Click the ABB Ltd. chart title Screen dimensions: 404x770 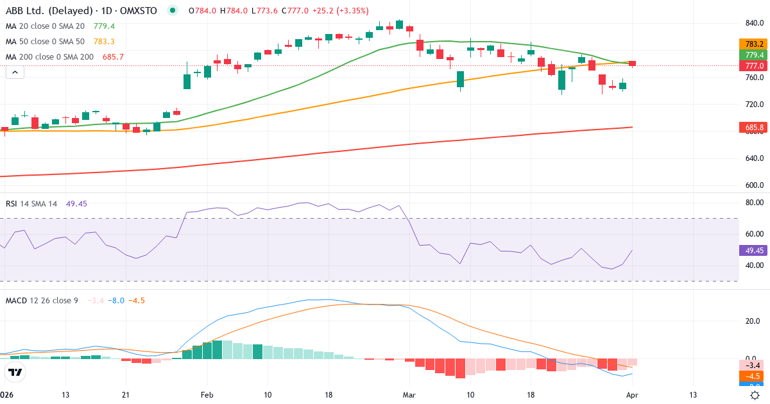pos(81,10)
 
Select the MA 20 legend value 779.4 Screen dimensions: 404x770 pos(104,26)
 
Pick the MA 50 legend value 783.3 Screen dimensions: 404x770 pos(104,41)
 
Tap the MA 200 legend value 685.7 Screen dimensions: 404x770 pos(113,56)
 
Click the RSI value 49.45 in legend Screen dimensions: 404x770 pos(76,203)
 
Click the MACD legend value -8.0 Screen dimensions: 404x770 pos(116,300)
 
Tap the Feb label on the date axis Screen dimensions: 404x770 pos(207,395)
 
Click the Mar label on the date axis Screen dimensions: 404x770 pos(409,395)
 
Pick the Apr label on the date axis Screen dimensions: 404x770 pos(632,395)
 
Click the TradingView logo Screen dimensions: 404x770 pos(15,372)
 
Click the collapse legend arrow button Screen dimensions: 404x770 pos(15,72)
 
